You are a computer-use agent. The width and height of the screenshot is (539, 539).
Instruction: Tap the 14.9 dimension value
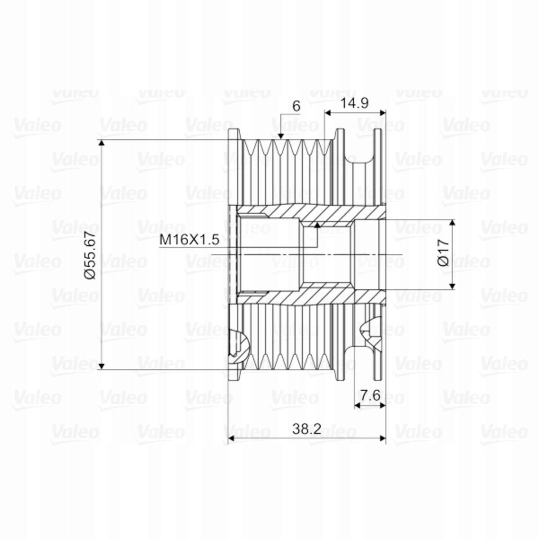coord(355,103)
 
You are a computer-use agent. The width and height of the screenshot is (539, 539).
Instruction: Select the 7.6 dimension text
coord(370,395)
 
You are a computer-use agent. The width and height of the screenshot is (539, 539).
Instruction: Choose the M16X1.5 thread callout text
coord(190,240)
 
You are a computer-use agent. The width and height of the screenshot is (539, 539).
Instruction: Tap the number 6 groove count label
coord(296,106)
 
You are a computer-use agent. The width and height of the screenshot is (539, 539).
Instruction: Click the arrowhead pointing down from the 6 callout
coord(281,136)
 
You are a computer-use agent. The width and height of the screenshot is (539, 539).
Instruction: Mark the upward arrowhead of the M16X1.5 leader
coord(317,225)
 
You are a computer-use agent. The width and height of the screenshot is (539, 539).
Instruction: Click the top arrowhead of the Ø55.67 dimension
coord(102,143)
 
